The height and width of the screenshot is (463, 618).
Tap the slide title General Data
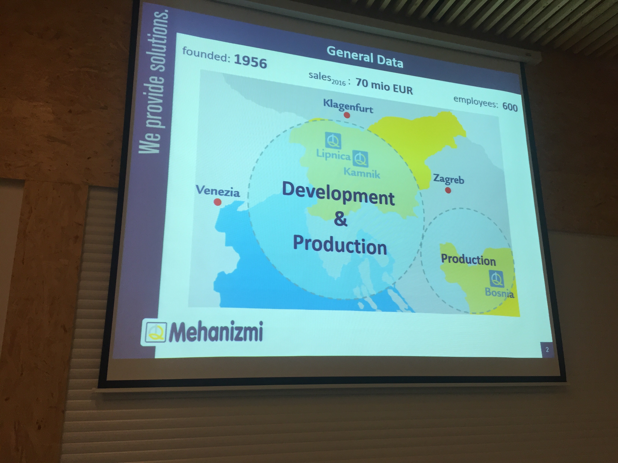(365, 57)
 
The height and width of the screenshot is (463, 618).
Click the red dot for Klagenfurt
(347, 115)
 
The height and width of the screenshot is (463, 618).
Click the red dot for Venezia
(217, 202)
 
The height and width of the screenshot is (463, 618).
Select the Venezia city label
(218, 191)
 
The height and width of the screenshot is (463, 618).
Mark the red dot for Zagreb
(448, 190)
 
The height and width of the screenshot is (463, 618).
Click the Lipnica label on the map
(333, 154)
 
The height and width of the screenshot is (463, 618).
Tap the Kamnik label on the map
(362, 173)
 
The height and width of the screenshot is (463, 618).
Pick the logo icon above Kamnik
(360, 158)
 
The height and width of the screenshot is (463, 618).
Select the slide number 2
(547, 349)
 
